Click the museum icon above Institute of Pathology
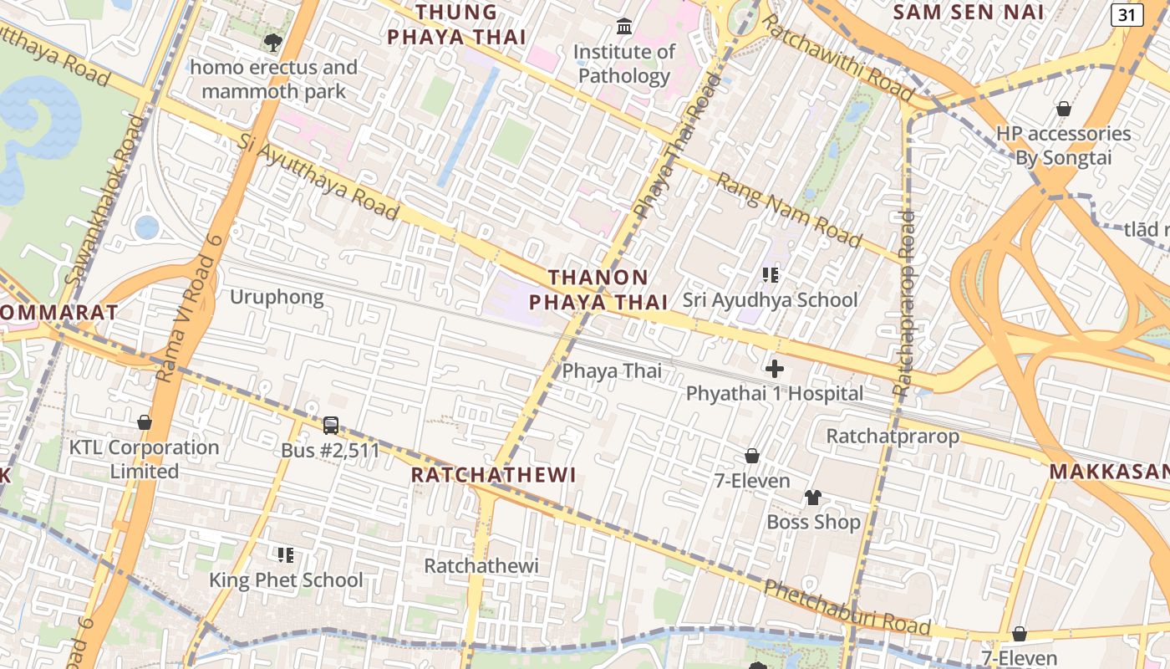tap(623, 27)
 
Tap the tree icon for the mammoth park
tap(272, 42)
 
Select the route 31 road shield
tap(1127, 14)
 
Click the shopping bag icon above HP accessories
tap(1064, 109)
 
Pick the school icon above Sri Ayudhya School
tap(770, 274)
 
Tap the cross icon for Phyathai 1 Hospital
tap(775, 368)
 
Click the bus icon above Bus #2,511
tap(331, 426)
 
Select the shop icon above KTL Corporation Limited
tap(145, 422)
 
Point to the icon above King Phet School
tap(286, 554)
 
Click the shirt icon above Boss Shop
tap(813, 498)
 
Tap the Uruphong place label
tap(277, 298)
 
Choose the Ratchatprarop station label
tap(893, 436)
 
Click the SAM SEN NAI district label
tap(968, 12)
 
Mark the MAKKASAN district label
tap(1109, 472)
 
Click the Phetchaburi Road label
tap(847, 607)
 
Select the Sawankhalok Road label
tap(104, 200)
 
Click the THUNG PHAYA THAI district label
tap(456, 24)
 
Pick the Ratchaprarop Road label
tap(904, 303)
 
